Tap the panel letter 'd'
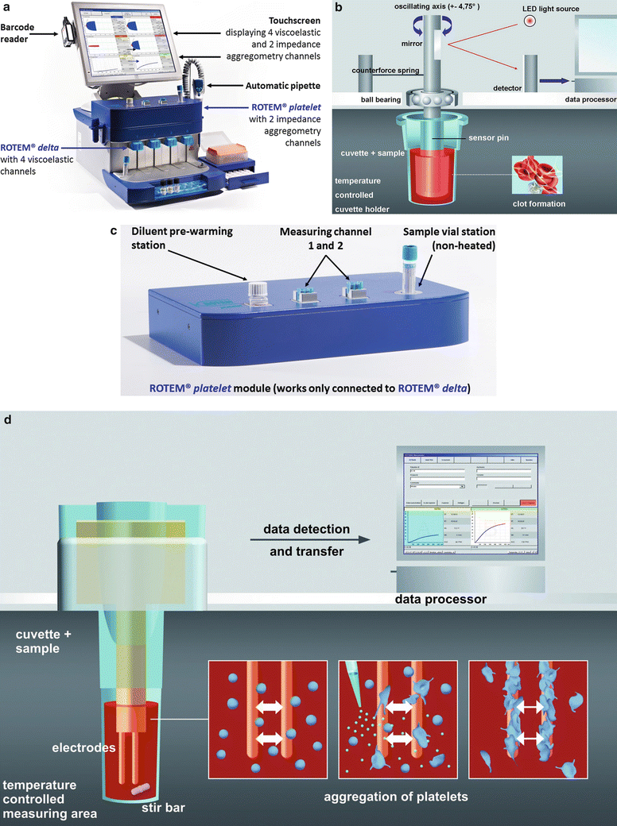7,418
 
